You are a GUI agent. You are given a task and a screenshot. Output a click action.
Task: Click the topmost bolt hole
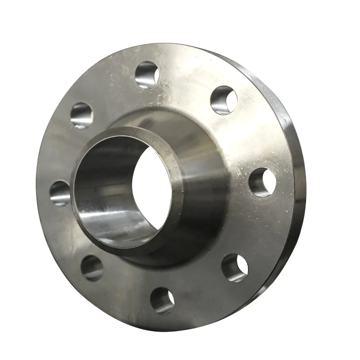coord(147,74)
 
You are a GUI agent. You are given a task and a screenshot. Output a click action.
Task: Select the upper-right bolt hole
coord(224,100)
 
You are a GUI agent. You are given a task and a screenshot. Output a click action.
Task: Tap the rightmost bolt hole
coord(262,182)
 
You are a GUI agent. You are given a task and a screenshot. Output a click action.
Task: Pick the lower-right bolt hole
coord(235,267)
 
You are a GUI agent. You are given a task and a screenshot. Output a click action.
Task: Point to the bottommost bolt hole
coord(162,300)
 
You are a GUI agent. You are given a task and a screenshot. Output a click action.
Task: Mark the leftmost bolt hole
coord(60,193)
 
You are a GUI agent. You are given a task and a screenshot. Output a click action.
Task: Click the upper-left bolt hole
coord(82,115)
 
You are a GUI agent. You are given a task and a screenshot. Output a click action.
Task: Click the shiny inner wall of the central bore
coord(103,192)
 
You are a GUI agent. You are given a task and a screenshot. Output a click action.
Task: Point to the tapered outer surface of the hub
coord(202,192)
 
